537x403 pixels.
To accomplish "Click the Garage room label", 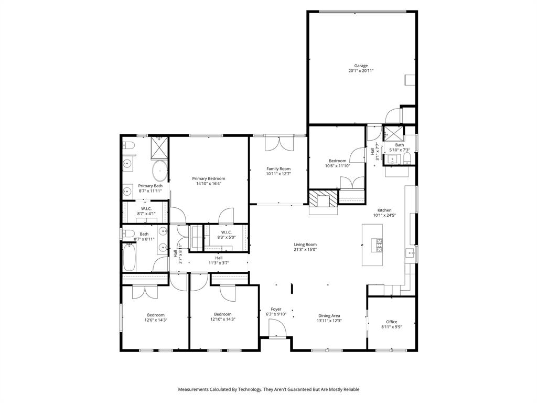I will pos(361,66).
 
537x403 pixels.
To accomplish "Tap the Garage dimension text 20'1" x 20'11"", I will pos(361,71).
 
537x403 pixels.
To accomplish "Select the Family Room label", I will pos(278,168).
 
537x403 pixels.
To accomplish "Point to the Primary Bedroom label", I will pos(208,178).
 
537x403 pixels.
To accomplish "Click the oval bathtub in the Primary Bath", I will pos(159,171).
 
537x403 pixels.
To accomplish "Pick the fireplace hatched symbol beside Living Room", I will pos(321,200).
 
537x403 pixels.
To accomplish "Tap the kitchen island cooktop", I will pos(377,244).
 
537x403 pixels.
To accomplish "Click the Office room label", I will pos(391,322).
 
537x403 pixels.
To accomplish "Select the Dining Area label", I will pos(329,315).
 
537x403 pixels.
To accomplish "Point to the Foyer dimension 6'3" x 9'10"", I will pos(276,314).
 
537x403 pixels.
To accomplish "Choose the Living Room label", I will pos(305,244).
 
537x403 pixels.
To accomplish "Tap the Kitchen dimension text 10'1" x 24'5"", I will pos(384,215).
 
